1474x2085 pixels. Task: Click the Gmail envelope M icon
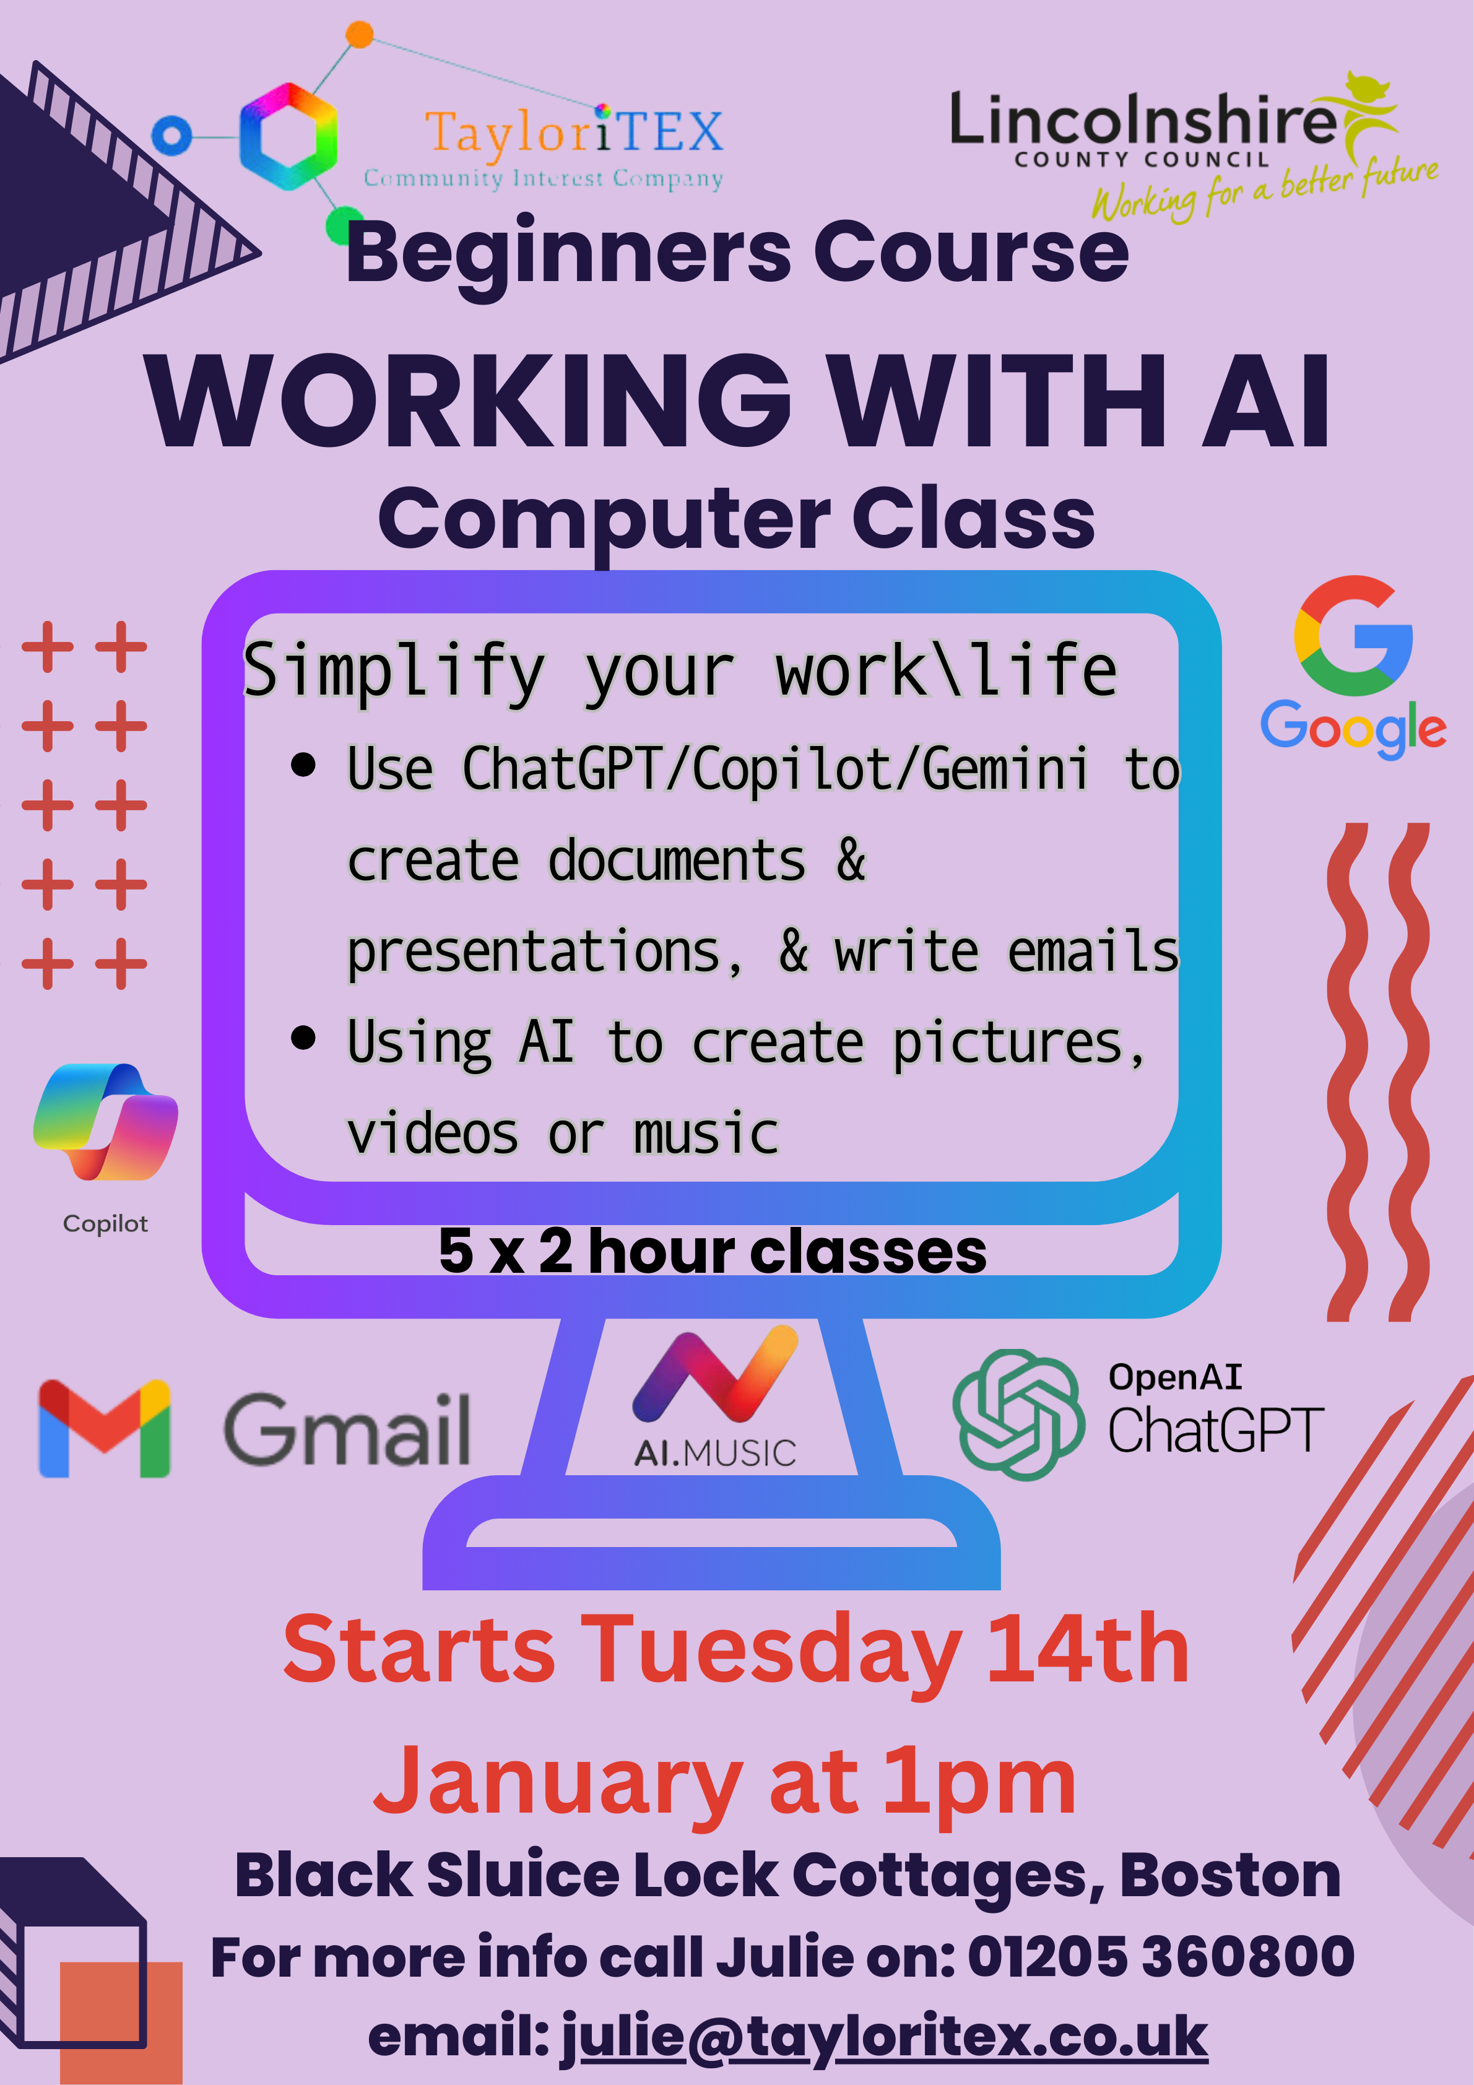click(105, 1428)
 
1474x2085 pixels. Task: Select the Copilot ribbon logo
click(105, 1122)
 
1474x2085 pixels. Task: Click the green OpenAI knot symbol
click(1018, 1414)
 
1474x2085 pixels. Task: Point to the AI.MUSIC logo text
click(715, 1453)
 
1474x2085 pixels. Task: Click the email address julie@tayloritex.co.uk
click(883, 2037)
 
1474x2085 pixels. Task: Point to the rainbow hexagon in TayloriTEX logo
click(288, 136)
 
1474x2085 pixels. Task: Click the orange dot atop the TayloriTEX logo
click(360, 35)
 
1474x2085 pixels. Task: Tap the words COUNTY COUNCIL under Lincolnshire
click(1142, 160)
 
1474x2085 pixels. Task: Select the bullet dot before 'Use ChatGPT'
click(303, 765)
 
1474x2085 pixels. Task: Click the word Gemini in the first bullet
click(1005, 768)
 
